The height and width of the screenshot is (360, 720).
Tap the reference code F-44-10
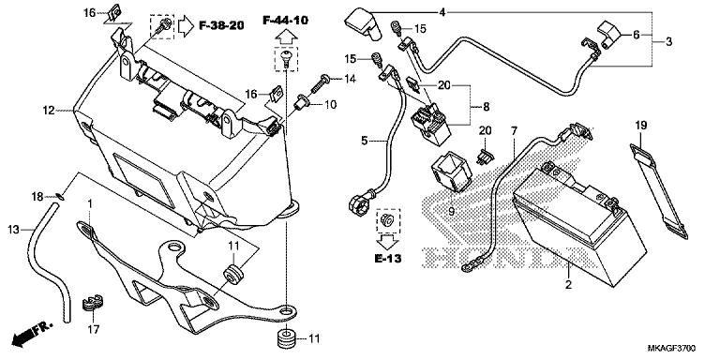pyautogui.click(x=286, y=19)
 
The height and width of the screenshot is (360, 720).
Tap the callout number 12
pyautogui.click(x=47, y=111)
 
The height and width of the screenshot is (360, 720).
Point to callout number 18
pyautogui.click(x=38, y=196)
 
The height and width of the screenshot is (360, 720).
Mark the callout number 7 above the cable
pyautogui.click(x=513, y=128)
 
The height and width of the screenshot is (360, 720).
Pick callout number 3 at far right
pyautogui.click(x=669, y=42)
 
